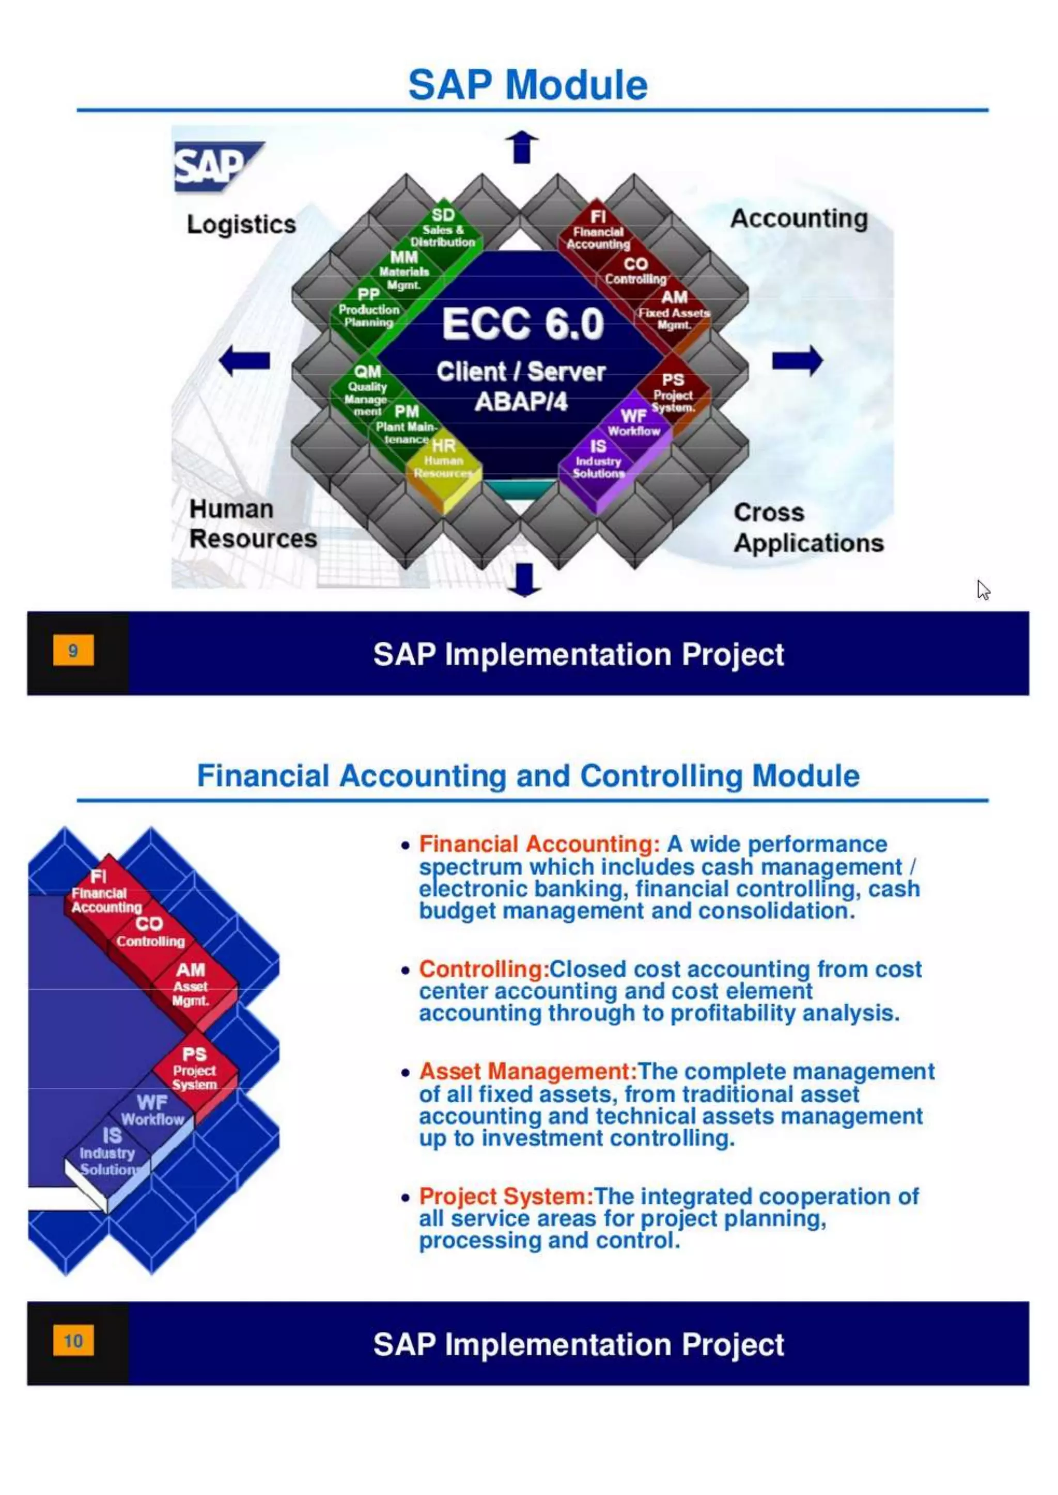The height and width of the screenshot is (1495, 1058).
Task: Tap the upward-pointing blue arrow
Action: click(x=522, y=147)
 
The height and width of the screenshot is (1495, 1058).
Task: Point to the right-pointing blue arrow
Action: click(x=798, y=360)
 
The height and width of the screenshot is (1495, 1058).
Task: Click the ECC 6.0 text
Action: click(x=523, y=324)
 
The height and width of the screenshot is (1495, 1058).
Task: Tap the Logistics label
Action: click(x=241, y=225)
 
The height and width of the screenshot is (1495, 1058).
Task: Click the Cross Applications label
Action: click(x=808, y=528)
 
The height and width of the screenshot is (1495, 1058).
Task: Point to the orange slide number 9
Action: click(x=73, y=650)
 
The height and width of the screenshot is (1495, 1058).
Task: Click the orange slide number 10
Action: click(x=73, y=1341)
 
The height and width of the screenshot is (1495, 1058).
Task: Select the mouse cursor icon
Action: click(x=983, y=590)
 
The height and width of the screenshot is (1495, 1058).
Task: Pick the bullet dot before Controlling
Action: click(x=405, y=970)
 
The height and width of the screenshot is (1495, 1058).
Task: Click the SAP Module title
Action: click(x=527, y=85)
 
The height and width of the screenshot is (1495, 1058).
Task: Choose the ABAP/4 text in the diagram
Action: click(x=521, y=402)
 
